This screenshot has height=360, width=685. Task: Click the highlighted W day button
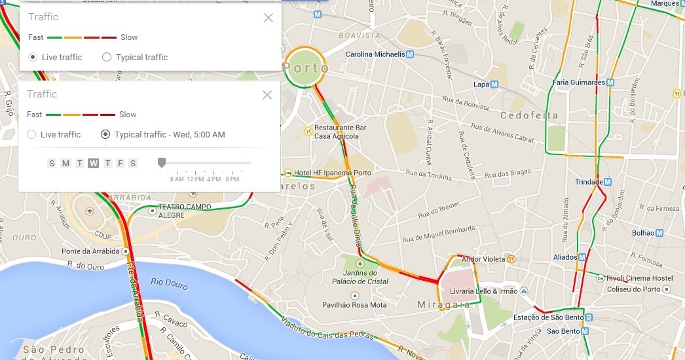[x=94, y=163]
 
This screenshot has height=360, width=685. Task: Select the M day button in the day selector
[x=65, y=163]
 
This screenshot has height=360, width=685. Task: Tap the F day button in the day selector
[x=120, y=163]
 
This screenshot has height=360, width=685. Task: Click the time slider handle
[x=162, y=162]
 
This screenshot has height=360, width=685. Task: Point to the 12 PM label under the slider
[x=195, y=179]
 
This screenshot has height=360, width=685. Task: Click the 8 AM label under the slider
[x=177, y=179]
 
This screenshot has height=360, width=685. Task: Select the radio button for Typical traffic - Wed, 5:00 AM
[x=105, y=134]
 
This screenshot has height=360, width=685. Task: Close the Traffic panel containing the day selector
[x=267, y=95]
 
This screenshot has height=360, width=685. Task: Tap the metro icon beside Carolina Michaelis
[x=410, y=54]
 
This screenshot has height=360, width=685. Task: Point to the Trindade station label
[x=588, y=182]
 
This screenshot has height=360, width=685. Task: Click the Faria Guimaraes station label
[x=578, y=82]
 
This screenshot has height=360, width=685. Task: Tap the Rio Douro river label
[x=169, y=283]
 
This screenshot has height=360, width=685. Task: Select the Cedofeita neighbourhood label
[x=529, y=115]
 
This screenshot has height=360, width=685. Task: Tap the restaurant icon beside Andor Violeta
[x=511, y=259]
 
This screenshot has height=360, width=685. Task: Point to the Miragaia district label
[x=443, y=305]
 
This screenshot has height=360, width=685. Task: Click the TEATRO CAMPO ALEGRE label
[x=185, y=210]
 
